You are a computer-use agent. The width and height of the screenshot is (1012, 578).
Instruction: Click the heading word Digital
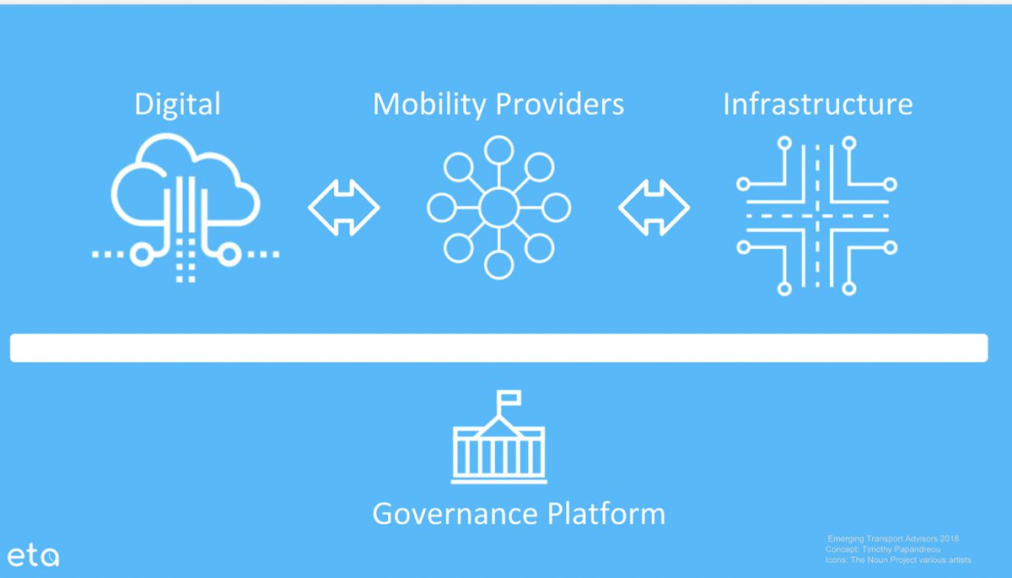coord(177,105)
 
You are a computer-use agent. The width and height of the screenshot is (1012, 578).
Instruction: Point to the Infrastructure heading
coord(818,105)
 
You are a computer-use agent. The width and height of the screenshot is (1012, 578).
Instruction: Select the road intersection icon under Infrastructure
coord(816,215)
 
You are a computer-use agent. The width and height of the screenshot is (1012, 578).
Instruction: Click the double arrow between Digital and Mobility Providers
coord(343,207)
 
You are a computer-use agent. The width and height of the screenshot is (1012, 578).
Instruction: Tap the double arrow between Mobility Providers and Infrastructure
coord(654,207)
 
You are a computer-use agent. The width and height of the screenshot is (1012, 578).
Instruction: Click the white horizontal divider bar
coord(498,348)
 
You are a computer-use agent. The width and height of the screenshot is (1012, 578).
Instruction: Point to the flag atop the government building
coord(509,397)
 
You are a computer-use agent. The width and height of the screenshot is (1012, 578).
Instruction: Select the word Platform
coord(607,514)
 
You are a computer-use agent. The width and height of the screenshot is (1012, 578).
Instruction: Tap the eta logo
coord(34,555)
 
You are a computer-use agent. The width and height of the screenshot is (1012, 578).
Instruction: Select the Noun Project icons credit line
coord(898,560)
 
